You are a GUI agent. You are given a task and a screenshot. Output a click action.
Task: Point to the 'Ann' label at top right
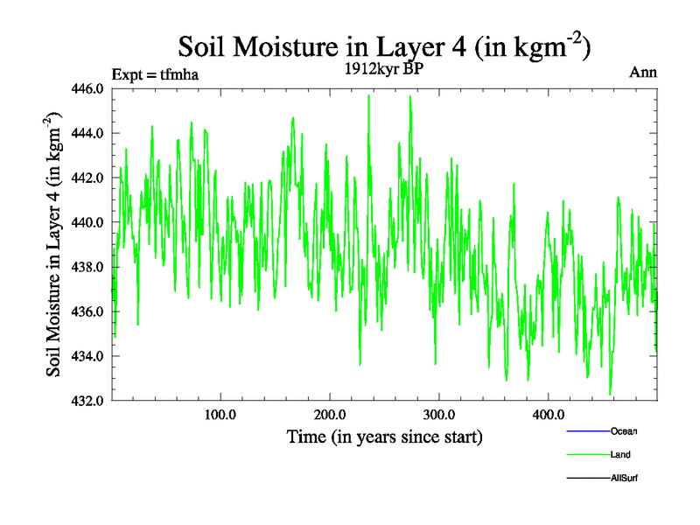point(643,72)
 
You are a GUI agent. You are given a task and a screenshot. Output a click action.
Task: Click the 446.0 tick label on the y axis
point(89,88)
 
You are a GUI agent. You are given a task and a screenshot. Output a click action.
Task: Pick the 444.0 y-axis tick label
point(89,133)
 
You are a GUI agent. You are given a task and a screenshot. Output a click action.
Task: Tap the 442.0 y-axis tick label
point(89,178)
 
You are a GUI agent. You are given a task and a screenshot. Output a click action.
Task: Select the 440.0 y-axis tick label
point(89,222)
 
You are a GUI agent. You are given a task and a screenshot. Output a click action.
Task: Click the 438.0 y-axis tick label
point(89,267)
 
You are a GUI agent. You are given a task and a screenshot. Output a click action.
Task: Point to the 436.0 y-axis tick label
point(89,311)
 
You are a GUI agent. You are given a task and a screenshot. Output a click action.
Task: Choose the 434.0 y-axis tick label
point(89,356)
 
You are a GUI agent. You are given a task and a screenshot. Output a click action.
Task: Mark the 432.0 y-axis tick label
point(89,401)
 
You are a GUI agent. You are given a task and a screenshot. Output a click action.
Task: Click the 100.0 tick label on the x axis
point(220,414)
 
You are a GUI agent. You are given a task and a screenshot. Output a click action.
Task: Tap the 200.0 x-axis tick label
point(330,414)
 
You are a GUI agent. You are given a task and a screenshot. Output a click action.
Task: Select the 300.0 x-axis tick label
point(438,414)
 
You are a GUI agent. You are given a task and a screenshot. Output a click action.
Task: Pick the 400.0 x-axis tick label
point(548,414)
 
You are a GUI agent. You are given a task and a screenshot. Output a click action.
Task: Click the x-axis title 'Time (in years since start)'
point(384,436)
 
